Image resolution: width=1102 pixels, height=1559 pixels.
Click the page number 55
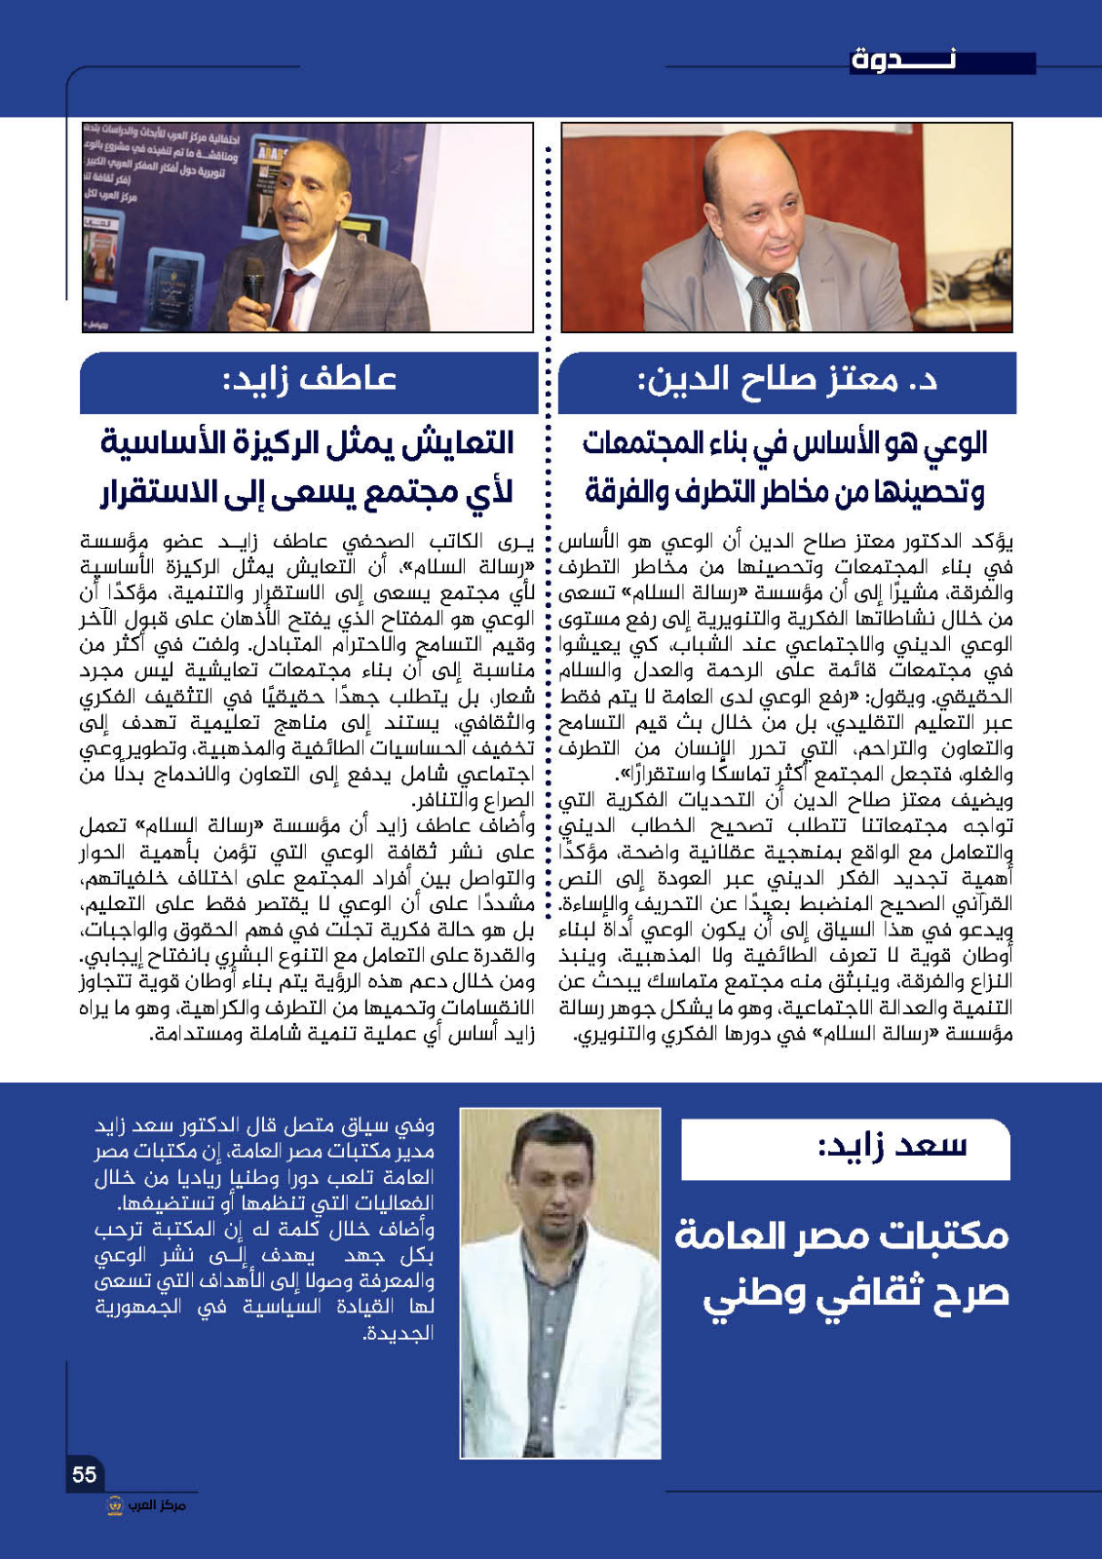pyautogui.click(x=85, y=1474)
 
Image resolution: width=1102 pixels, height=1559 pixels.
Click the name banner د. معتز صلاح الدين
pyautogui.click(x=787, y=380)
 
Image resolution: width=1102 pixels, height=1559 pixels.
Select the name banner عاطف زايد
pyautogui.click(x=310, y=379)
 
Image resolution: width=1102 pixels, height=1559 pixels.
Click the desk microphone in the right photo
pyautogui.click(x=785, y=291)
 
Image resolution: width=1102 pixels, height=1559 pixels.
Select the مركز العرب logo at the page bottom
pyautogui.click(x=146, y=1505)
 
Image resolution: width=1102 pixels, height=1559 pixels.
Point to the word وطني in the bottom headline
pyautogui.click(x=750, y=1296)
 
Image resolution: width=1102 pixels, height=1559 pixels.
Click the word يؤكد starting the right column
pyautogui.click(x=992, y=541)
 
